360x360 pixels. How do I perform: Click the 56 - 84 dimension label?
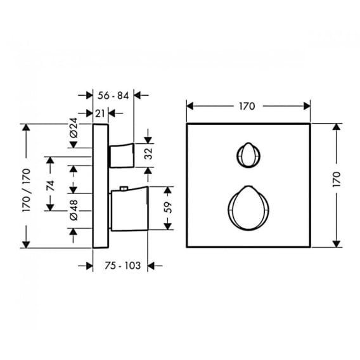tap(113, 96)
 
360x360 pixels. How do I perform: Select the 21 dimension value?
tap(100, 113)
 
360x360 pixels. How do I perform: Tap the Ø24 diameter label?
tap(74, 127)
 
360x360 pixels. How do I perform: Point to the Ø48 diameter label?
tap(74, 210)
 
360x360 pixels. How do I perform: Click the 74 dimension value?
tap(50, 186)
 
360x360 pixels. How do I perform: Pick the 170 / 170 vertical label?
tap(26, 190)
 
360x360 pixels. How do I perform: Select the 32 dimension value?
tap(148, 153)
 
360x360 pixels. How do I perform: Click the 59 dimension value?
tap(168, 207)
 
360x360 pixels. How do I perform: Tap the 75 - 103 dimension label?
tap(122, 266)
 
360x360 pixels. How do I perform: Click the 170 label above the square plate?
tap(247, 106)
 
